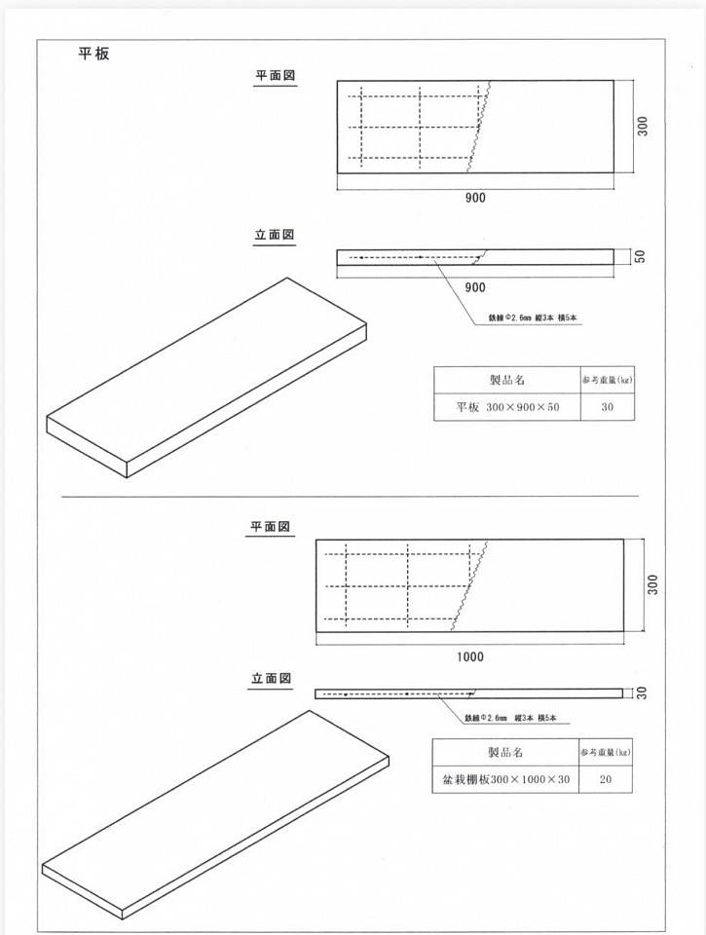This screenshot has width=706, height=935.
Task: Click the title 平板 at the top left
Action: pos(93,54)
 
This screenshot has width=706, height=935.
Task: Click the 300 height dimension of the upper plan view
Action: pos(643,126)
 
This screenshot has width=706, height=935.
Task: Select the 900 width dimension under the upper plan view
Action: pos(474,198)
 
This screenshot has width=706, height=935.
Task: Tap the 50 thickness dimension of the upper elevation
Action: pos(640,256)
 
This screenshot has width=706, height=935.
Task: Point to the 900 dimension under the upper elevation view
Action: pos(474,287)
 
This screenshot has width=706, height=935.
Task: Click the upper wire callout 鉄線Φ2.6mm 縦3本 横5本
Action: pos(536,318)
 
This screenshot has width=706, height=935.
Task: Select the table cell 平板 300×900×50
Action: pos(506,407)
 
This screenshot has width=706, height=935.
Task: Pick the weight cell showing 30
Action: pos(607,407)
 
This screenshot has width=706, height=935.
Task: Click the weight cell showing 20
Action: pos(606,779)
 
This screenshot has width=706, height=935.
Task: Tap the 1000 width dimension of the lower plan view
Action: pos(469,656)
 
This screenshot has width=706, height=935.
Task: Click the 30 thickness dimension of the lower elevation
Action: pos(642,692)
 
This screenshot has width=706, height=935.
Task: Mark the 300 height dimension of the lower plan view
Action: pos(652,584)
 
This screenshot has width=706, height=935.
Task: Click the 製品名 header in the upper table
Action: pos(506,379)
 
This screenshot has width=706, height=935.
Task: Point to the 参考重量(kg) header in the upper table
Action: pos(607,379)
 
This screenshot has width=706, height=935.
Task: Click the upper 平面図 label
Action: pos(276,75)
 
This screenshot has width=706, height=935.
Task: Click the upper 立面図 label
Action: pos(275,235)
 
